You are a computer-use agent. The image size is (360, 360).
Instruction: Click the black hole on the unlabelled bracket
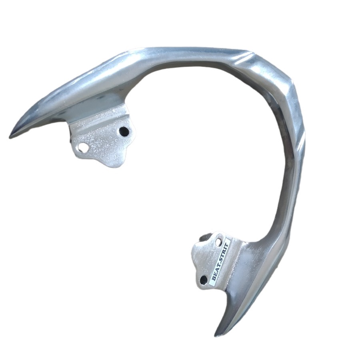124,131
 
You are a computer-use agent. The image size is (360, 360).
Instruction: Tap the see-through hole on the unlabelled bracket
82,147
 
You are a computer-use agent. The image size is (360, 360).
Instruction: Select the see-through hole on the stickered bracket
219,242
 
